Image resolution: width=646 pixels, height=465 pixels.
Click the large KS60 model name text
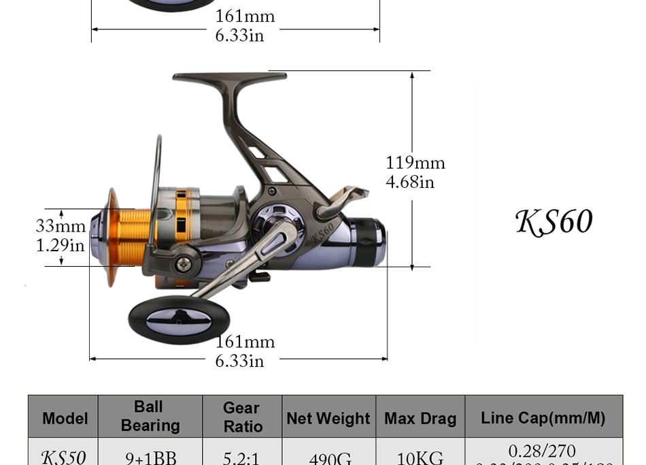click(554, 222)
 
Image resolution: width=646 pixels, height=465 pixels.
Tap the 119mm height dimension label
click(415, 163)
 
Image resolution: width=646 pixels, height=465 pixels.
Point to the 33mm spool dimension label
click(61, 226)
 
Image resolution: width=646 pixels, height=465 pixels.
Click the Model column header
click(65, 418)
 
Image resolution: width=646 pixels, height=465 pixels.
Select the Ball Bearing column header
click(150, 416)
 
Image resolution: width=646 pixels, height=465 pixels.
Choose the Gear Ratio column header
click(242, 417)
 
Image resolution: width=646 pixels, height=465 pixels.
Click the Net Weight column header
click(328, 418)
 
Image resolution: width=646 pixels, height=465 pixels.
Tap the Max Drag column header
click(420, 418)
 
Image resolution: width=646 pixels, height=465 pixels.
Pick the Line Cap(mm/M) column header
click(543, 417)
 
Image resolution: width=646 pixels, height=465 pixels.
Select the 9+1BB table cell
click(150, 458)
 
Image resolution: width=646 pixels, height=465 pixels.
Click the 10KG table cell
click(420, 458)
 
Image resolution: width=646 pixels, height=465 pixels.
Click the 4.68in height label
click(409, 182)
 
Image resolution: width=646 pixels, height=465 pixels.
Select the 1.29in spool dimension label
click(60, 245)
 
